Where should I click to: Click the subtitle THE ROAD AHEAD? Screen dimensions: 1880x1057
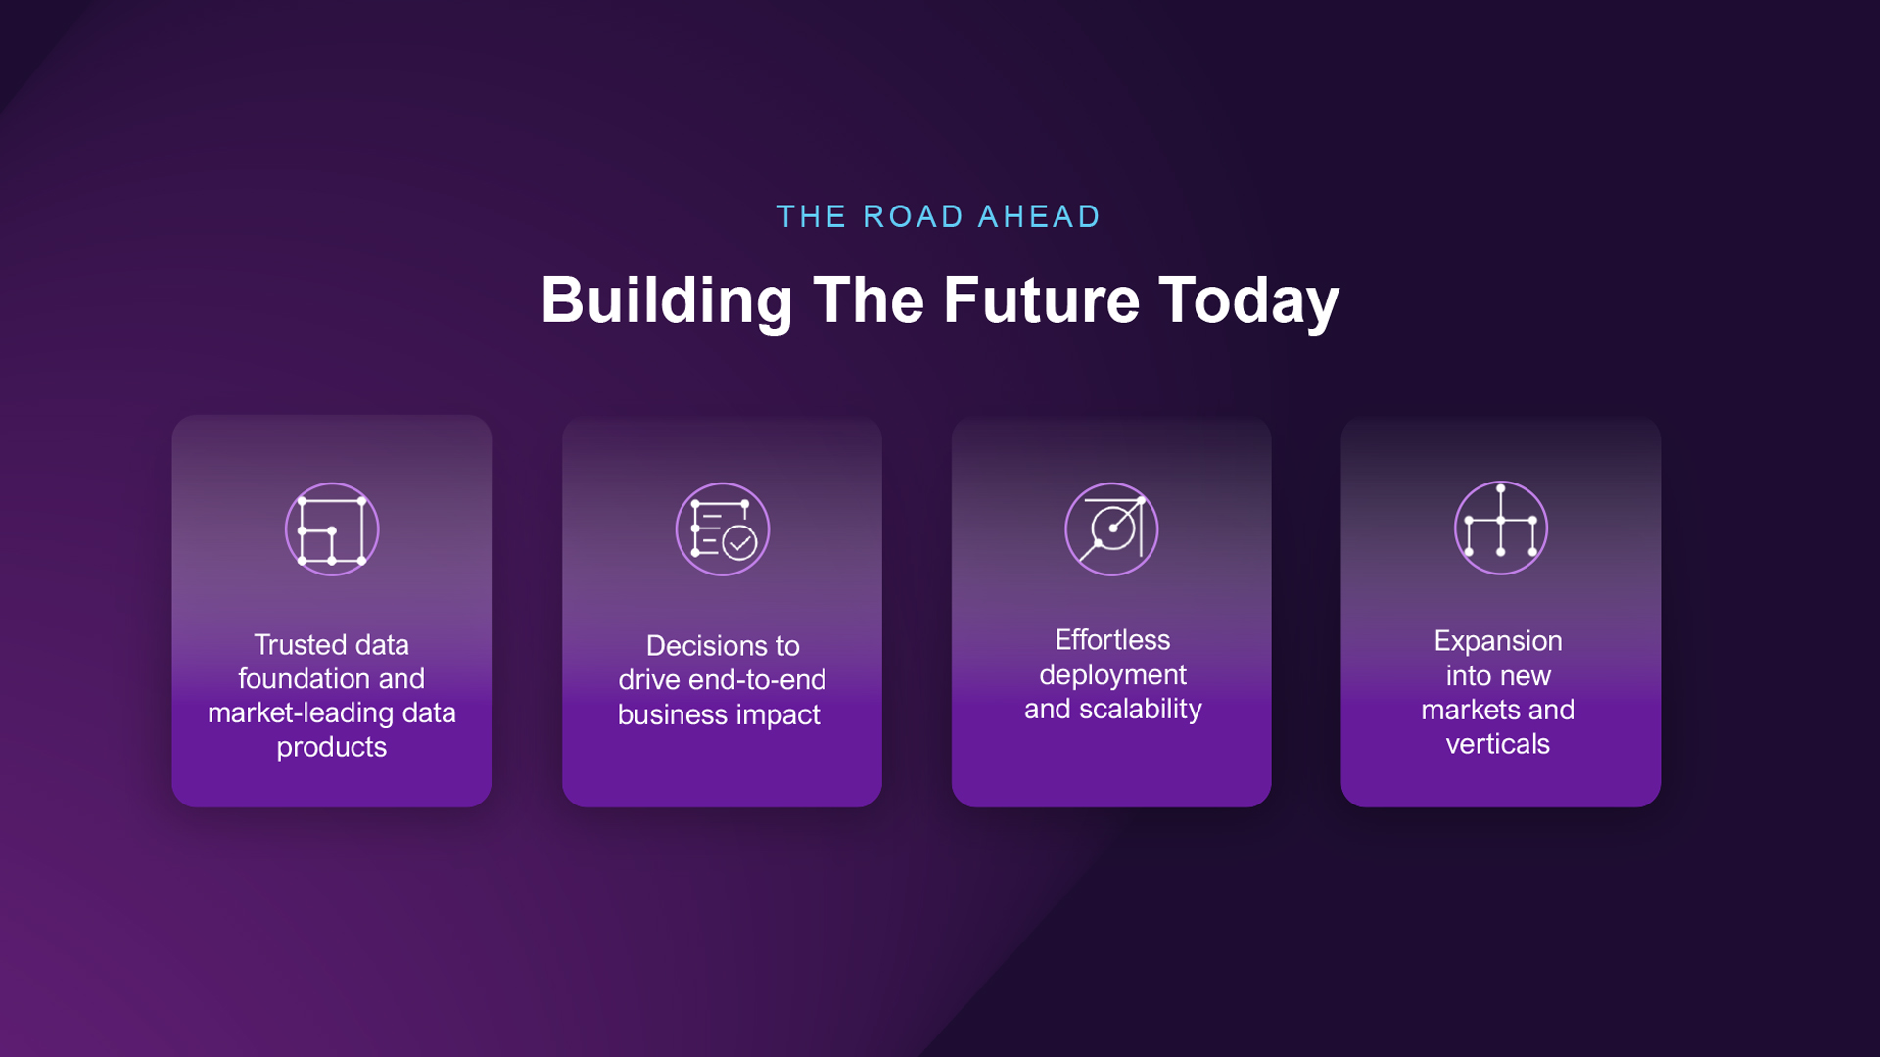pos(938,216)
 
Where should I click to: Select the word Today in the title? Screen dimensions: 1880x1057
pos(1248,301)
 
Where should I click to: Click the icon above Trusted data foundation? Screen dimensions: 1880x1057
pos(332,529)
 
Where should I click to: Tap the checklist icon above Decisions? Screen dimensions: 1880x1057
pos(723,529)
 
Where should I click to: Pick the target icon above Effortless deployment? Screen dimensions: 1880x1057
pos(1111,529)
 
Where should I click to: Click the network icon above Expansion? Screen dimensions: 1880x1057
pos(1501,528)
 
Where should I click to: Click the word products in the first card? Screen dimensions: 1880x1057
pos(332,748)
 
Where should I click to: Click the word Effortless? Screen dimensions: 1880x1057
pos(1112,640)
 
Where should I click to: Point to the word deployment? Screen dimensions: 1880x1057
pos(1112,675)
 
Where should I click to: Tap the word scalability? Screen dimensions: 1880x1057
pos(1141,709)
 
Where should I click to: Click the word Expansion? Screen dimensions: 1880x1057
pos(1498,641)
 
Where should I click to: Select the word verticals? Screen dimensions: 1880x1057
pos(1498,744)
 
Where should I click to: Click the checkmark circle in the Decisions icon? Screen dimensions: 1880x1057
pos(739,542)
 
